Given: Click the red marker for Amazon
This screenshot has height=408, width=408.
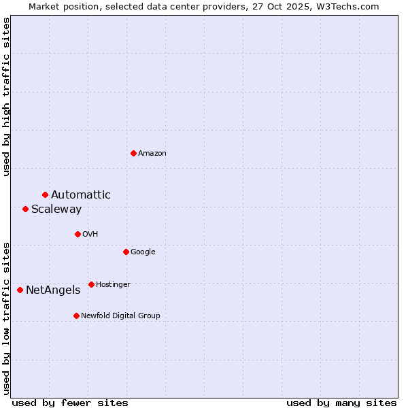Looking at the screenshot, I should click(133, 153).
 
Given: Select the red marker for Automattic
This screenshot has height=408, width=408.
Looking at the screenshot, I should click(45, 195).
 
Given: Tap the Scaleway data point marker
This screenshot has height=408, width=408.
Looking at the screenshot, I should click(25, 209).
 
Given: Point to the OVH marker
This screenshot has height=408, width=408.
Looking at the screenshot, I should click(78, 234).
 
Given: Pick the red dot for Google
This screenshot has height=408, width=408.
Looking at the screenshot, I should click(126, 252).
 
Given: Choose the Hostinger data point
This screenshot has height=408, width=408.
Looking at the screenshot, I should click(91, 284).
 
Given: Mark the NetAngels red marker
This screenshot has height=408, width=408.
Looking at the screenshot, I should click(20, 290).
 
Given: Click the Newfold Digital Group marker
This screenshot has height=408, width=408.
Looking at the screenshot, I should click(76, 316).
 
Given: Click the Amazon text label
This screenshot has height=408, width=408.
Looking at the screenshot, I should click(152, 154).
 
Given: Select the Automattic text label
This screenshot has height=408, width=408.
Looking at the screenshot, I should click(81, 195).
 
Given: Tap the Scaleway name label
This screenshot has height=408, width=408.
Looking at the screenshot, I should click(56, 209).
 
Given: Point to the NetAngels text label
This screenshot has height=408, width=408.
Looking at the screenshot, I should click(53, 290).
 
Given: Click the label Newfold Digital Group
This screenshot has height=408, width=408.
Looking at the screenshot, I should click(121, 316).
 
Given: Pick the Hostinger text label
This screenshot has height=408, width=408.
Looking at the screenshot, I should click(113, 284).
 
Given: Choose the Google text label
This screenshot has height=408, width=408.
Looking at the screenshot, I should click(143, 252).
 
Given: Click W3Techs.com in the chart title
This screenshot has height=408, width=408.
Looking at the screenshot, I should click(350, 6).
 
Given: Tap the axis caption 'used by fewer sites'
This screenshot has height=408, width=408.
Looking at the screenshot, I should click(70, 403).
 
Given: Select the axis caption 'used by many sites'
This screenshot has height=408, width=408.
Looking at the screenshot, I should click(341, 403).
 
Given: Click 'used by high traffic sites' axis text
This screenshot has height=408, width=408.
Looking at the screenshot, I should click(6, 97).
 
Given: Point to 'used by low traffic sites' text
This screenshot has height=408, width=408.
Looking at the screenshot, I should click(6, 318).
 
